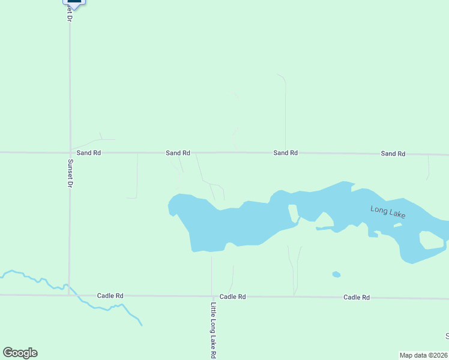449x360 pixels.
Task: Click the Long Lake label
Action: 388,212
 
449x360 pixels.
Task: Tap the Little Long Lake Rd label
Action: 213,330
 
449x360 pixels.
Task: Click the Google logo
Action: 20,353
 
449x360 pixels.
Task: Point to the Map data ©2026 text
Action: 423,355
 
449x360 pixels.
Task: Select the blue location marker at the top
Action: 74,2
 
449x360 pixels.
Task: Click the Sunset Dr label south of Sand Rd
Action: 70,173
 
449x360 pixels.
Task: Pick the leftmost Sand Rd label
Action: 88,153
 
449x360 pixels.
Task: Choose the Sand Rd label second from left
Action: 178,153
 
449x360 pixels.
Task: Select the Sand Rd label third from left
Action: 286,153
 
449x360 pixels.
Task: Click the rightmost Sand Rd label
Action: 393,154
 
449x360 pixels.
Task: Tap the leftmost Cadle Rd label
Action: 110,296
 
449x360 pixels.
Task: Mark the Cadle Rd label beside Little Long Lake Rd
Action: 233,296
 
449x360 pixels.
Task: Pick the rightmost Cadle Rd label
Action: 357,297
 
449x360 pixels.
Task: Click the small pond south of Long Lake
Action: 336,275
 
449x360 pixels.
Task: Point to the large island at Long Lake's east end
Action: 431,240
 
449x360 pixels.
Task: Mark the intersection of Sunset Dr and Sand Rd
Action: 70,152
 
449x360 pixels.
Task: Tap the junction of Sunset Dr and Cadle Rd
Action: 70,295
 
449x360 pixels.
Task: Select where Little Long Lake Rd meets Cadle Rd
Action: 212,296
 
